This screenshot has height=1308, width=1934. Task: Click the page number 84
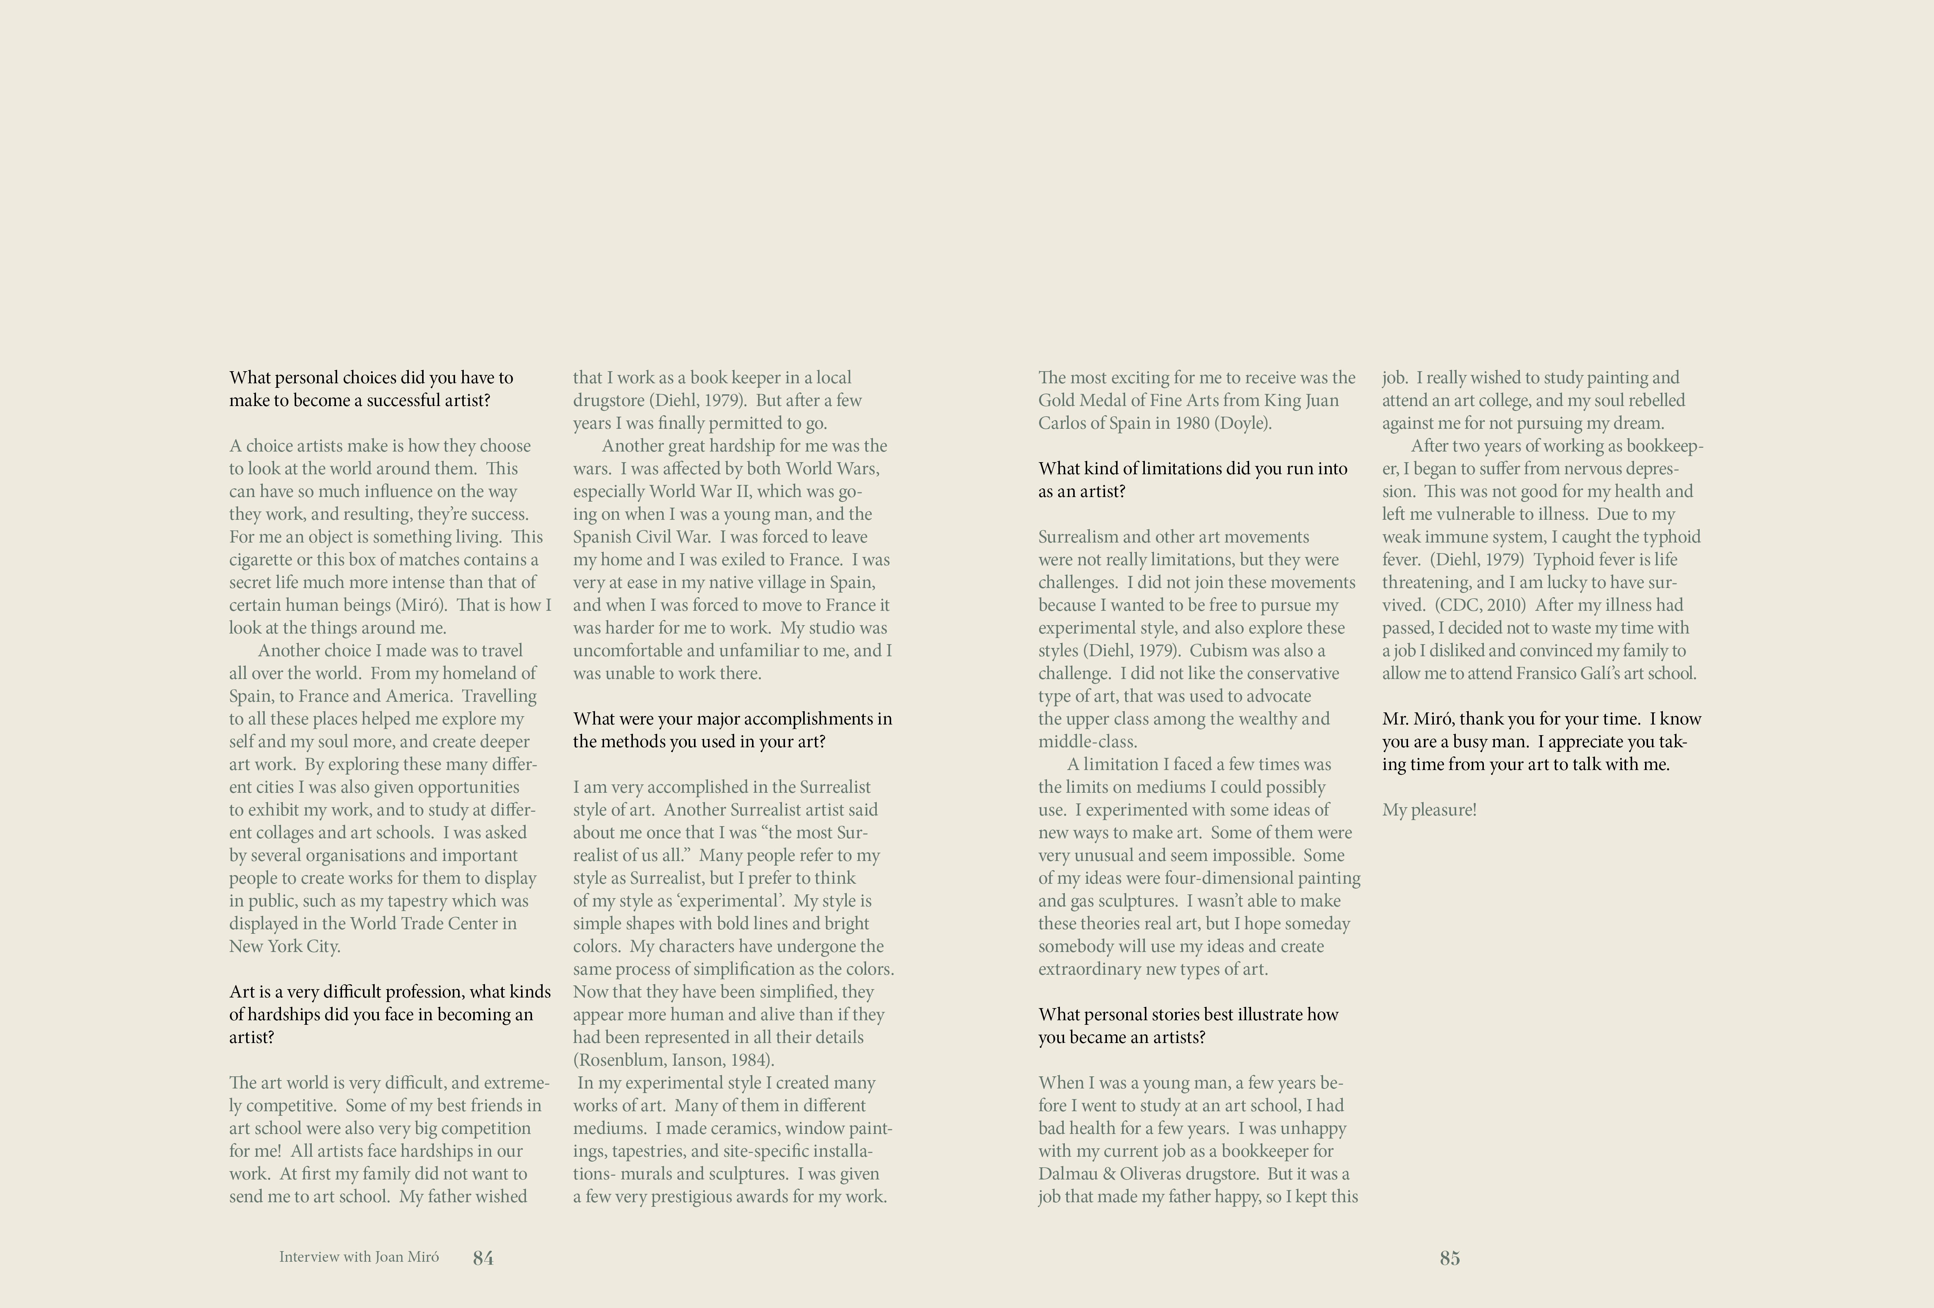click(483, 1258)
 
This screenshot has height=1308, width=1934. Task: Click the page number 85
click(1450, 1258)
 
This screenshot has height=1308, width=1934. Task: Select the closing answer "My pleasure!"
click(1429, 809)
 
